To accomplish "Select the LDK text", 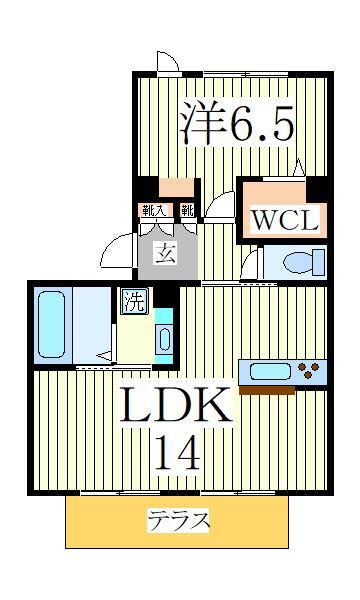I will point(179,404).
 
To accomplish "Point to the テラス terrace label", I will point(179,521).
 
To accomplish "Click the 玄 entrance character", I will point(163,253).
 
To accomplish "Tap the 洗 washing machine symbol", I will point(132,300).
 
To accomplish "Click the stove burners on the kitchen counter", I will point(311,373).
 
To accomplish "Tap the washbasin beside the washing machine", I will point(163,336).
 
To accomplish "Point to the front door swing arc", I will point(118,247).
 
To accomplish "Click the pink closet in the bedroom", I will point(178,187).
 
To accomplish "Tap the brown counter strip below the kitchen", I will point(283,390).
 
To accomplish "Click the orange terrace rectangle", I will point(178,522).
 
